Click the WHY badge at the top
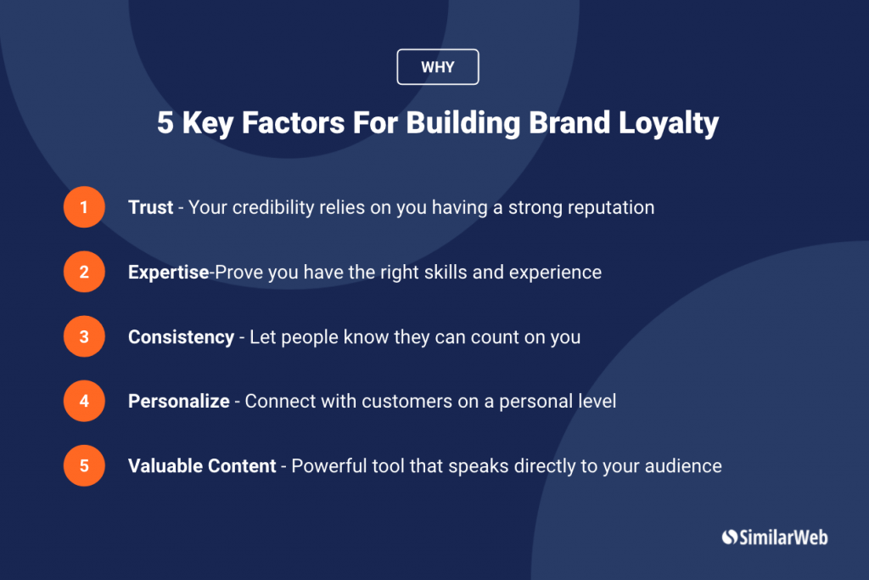coord(438,67)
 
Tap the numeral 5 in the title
coord(165,124)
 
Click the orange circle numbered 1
coord(84,207)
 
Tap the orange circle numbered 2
coord(84,272)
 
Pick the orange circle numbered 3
coord(84,336)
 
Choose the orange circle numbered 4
coord(84,401)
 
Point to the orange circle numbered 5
coord(84,465)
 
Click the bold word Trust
coord(151,207)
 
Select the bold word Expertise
coord(168,272)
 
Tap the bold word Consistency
coord(181,336)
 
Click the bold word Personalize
coord(178,401)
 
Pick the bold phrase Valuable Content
coord(202,465)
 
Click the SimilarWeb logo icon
coord(729,537)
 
